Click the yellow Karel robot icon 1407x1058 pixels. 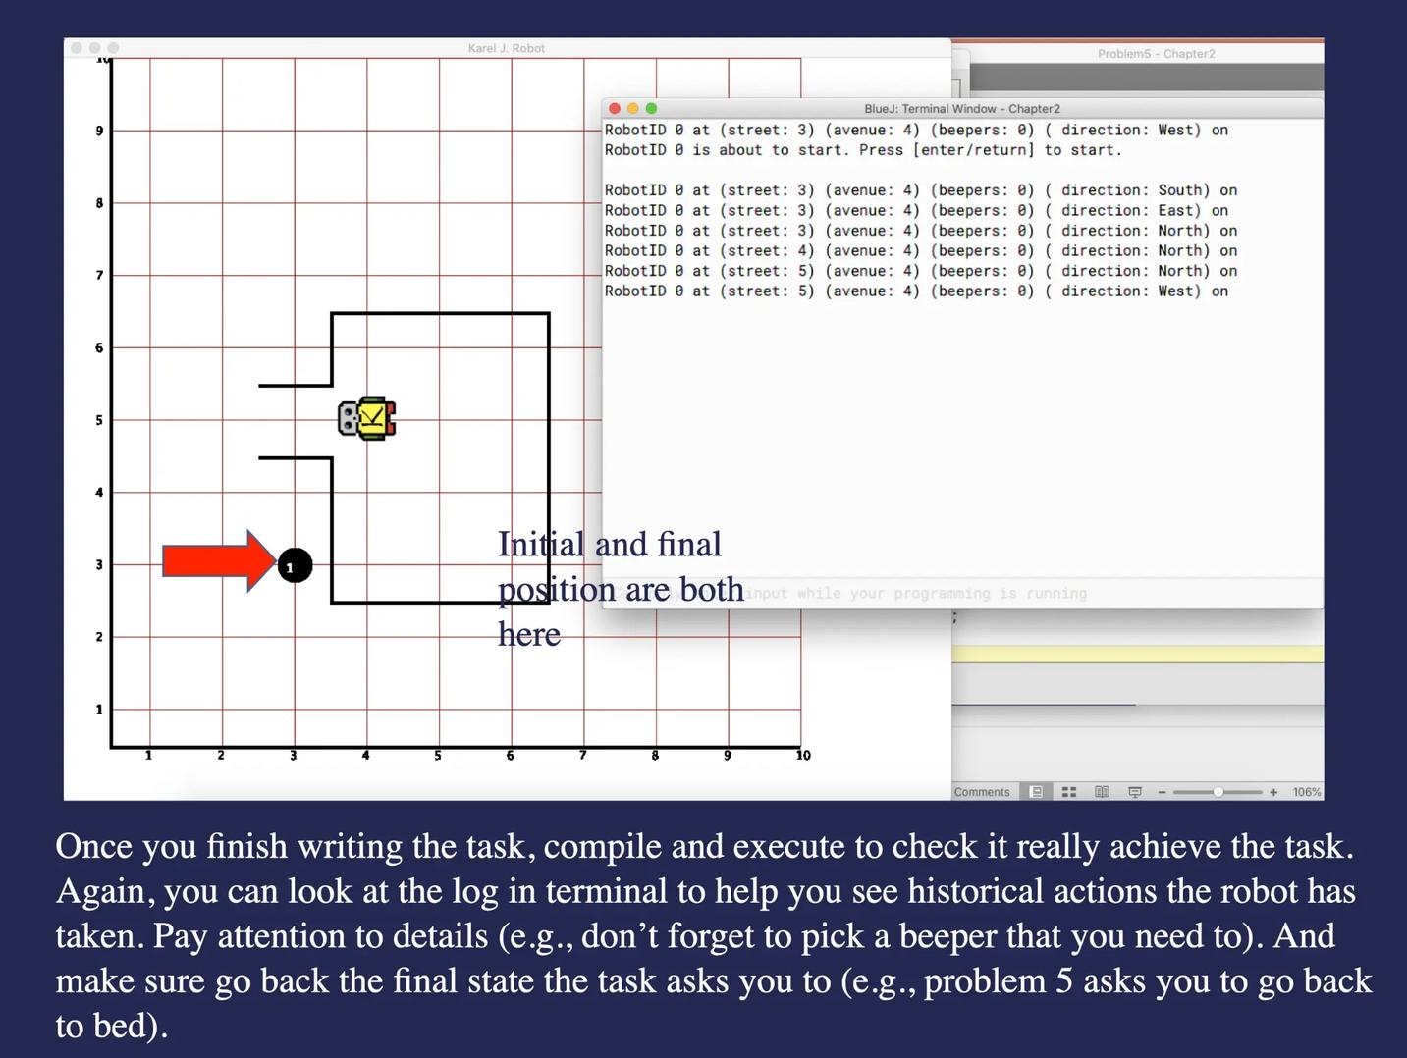pyautogui.click(x=367, y=418)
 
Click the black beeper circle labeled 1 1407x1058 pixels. pyautogui.click(x=295, y=565)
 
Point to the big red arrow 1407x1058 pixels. pyautogui.click(x=218, y=561)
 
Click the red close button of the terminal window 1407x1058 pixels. pyautogui.click(x=615, y=108)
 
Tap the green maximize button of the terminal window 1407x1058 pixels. pyautogui.click(x=651, y=108)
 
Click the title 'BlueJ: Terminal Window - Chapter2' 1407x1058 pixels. pyautogui.click(x=961, y=109)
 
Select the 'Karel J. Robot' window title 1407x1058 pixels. pyautogui.click(x=507, y=48)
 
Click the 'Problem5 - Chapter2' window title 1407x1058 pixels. pyautogui.click(x=1156, y=54)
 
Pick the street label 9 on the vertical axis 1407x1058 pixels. pyautogui.click(x=99, y=131)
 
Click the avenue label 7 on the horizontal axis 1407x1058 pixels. pyautogui.click(x=582, y=756)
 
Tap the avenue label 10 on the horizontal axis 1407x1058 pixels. pyautogui.click(x=803, y=756)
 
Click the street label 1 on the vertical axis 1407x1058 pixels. pyautogui.click(x=99, y=709)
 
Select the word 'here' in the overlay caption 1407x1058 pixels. pyautogui.click(x=529, y=635)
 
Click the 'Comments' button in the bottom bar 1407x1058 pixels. pyautogui.click(x=982, y=792)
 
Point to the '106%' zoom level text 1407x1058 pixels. pyautogui.click(x=1306, y=792)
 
